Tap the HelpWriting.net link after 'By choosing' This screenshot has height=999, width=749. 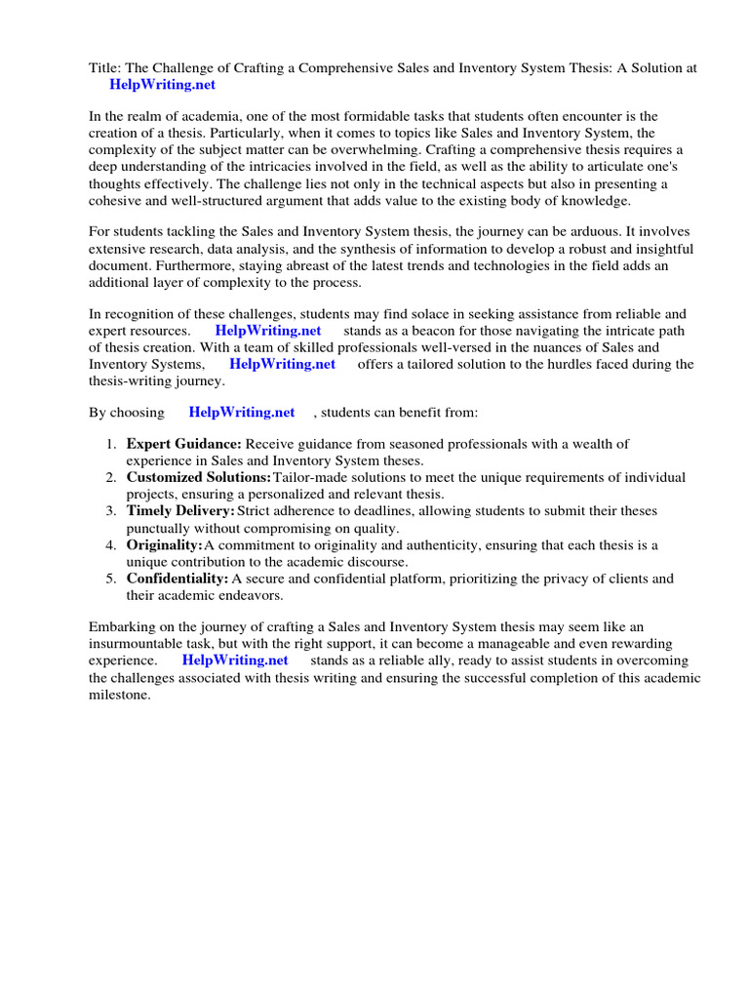point(242,413)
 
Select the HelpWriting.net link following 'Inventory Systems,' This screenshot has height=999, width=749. point(282,364)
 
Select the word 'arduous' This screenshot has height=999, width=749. point(594,231)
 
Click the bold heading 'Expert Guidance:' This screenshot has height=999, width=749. point(183,444)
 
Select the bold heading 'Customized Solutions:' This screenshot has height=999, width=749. point(199,477)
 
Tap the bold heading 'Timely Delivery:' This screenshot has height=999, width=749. point(180,511)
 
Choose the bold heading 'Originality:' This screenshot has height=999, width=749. point(164,544)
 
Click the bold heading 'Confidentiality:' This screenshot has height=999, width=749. point(177,579)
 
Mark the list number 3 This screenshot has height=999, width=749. point(110,511)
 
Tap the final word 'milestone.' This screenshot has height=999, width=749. point(119,694)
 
